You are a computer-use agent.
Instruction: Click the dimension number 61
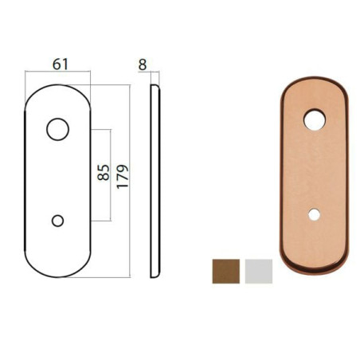[x=58, y=64]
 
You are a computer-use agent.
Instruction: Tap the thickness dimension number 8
[x=143, y=64]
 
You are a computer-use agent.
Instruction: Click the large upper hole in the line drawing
[x=58, y=128]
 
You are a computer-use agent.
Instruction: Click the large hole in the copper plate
[x=315, y=120]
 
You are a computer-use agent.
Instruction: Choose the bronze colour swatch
[x=226, y=271]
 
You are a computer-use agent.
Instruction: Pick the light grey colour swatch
[x=259, y=271]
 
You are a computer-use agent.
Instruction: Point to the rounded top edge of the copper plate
[x=315, y=81]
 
